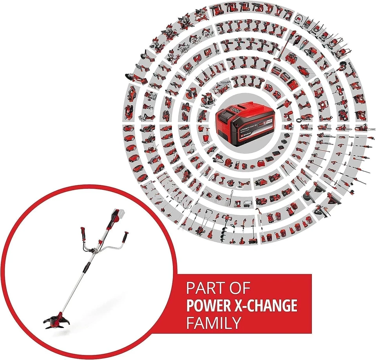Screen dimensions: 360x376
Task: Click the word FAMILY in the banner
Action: (x=213, y=323)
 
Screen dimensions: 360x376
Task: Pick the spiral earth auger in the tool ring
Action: (x=226, y=229)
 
